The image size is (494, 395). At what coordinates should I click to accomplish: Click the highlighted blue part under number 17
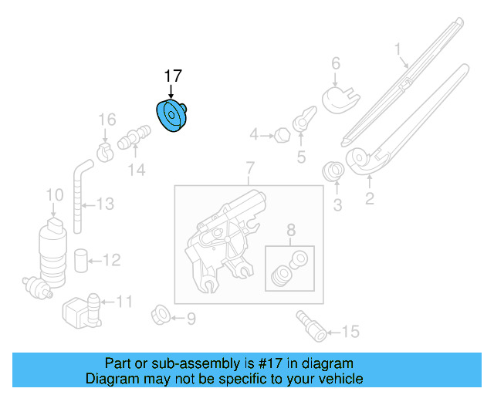(172, 116)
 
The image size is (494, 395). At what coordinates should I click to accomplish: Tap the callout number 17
(172, 76)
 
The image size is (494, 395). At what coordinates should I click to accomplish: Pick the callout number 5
(302, 157)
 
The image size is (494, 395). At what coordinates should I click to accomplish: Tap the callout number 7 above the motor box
(249, 167)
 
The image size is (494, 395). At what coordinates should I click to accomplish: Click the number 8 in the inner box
(290, 229)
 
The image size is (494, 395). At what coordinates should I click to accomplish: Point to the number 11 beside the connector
(123, 302)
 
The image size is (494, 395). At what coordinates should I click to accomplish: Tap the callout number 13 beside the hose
(104, 204)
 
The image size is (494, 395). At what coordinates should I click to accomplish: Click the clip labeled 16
(104, 146)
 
